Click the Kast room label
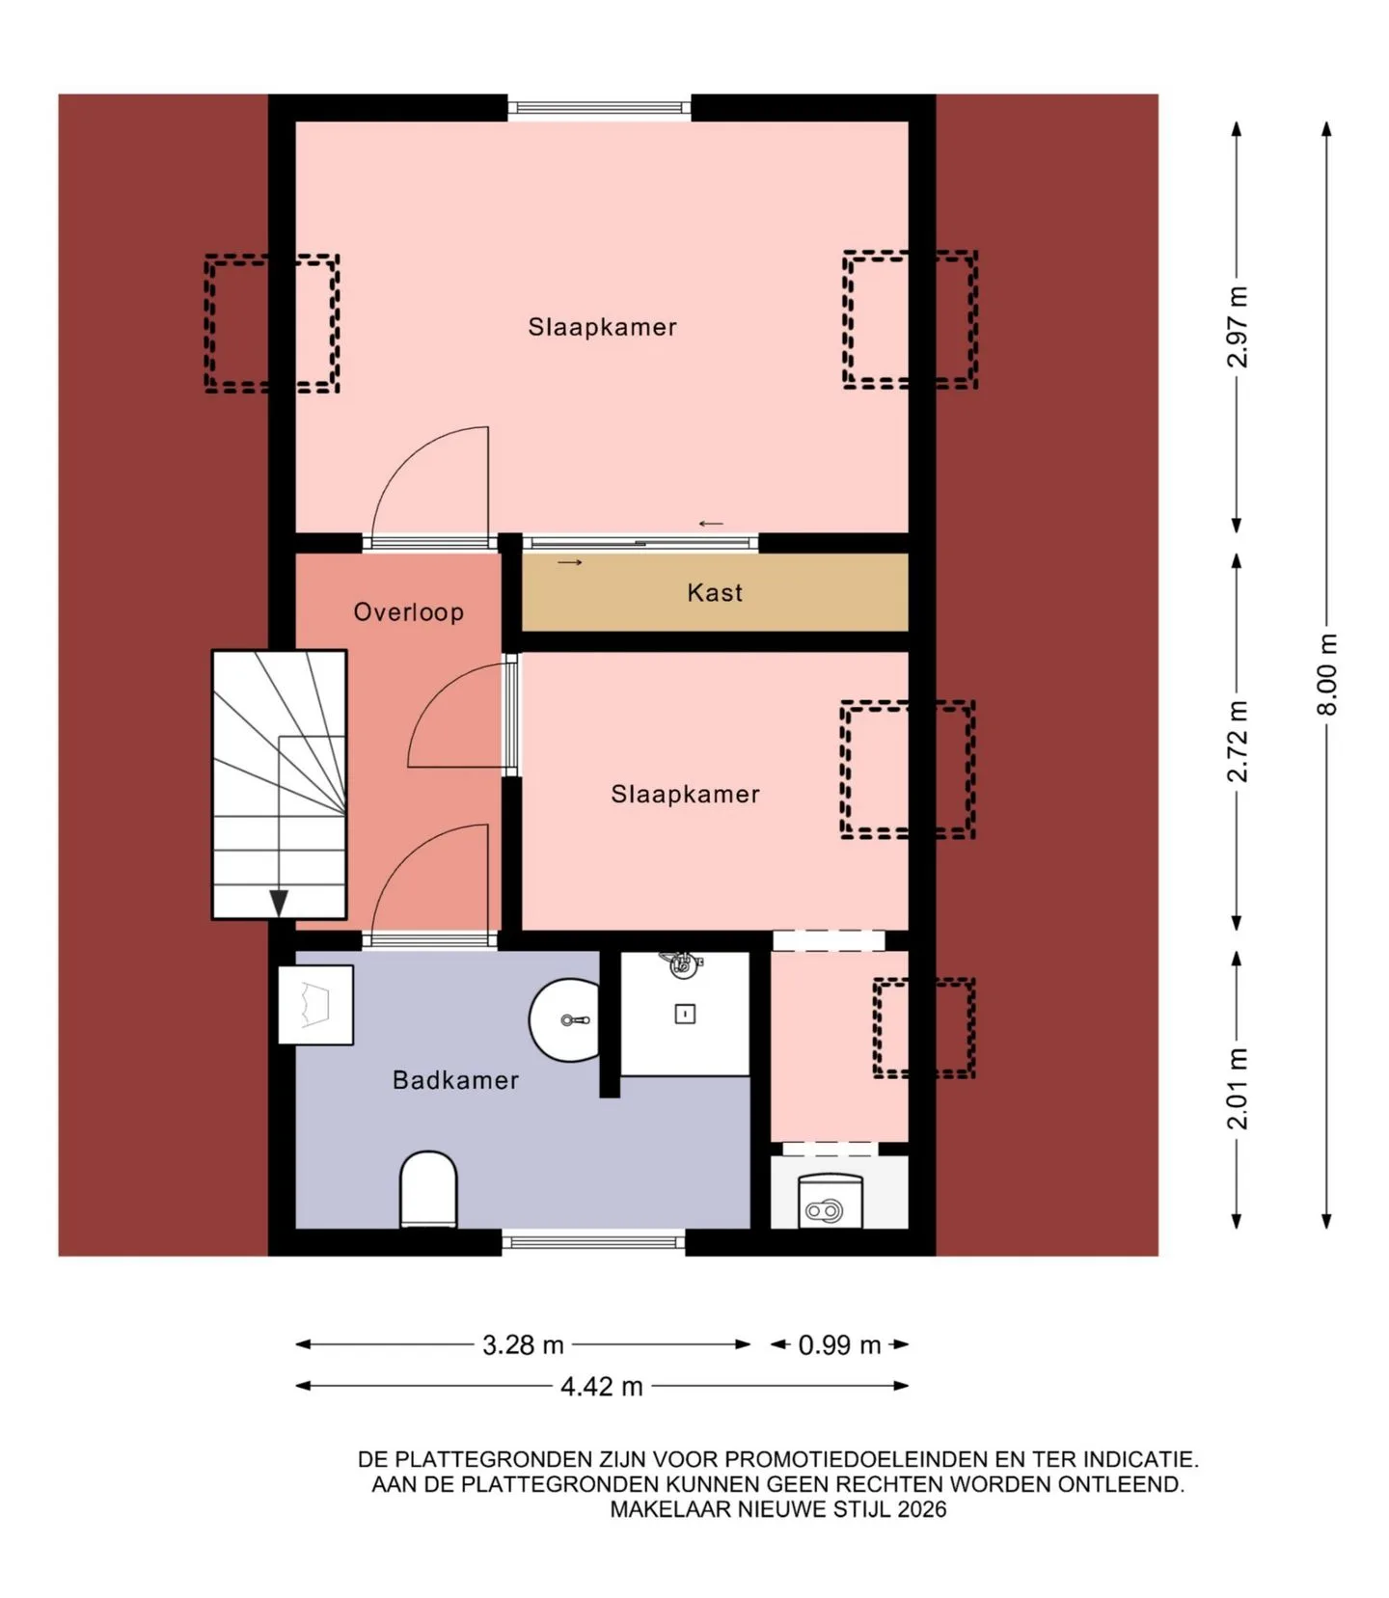[x=715, y=592]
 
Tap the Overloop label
[x=408, y=611]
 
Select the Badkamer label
[x=455, y=1079]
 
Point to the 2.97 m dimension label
[x=1237, y=327]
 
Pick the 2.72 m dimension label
[x=1237, y=742]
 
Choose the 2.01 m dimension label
[x=1237, y=1088]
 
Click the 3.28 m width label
[x=523, y=1344]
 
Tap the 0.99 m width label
[x=839, y=1344]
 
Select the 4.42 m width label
[x=602, y=1386]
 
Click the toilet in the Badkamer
[x=428, y=1189]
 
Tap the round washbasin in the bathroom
[x=564, y=1019]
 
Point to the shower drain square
[x=685, y=1014]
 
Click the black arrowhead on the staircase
[x=279, y=904]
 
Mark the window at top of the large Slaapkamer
[x=600, y=107]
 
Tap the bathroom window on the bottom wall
[x=593, y=1242]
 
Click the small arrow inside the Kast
[x=570, y=562]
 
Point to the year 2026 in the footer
[x=922, y=1509]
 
